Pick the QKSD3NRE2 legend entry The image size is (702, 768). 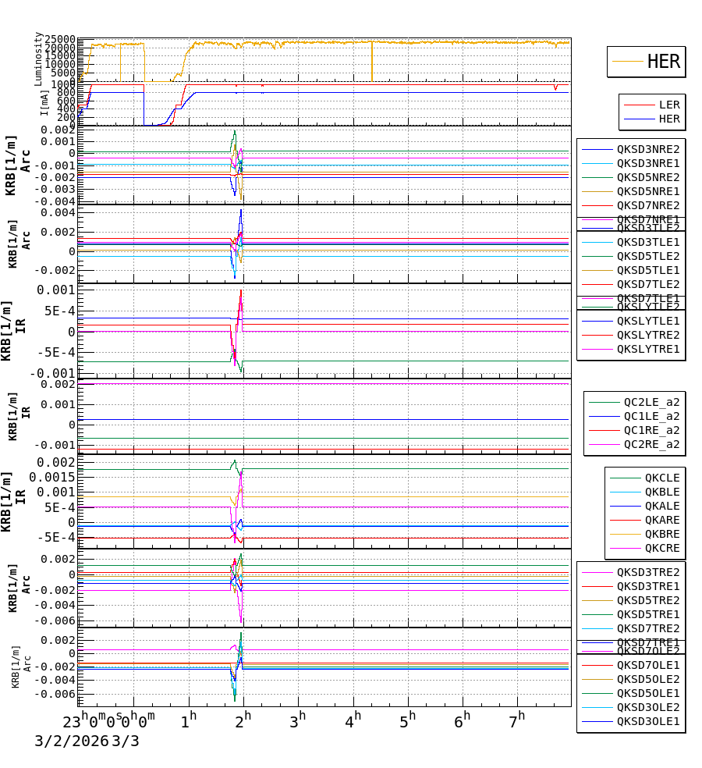tap(647, 149)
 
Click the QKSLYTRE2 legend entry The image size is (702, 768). tap(647, 335)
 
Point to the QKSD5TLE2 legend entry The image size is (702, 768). tap(647, 256)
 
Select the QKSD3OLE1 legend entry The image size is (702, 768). tap(647, 721)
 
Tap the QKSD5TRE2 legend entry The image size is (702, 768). tap(647, 600)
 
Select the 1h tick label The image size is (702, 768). tap(188, 718)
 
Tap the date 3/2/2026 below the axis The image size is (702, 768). tap(70, 741)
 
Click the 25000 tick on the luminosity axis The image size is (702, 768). tap(59, 40)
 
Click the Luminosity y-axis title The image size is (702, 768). tap(38, 58)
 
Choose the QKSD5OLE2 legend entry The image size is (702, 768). tap(647, 679)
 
